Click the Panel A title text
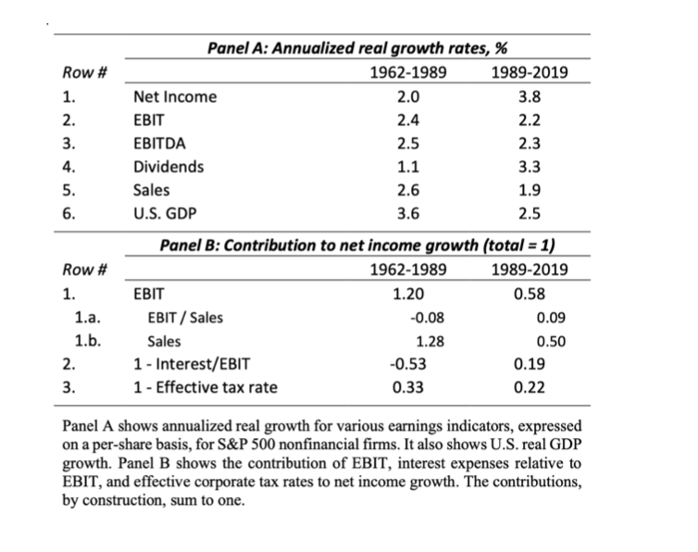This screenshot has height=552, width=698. tap(360, 48)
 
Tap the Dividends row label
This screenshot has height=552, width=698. tap(169, 168)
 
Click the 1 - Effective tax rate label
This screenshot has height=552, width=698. tap(206, 388)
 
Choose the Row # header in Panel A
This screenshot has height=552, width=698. tap(83, 72)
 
